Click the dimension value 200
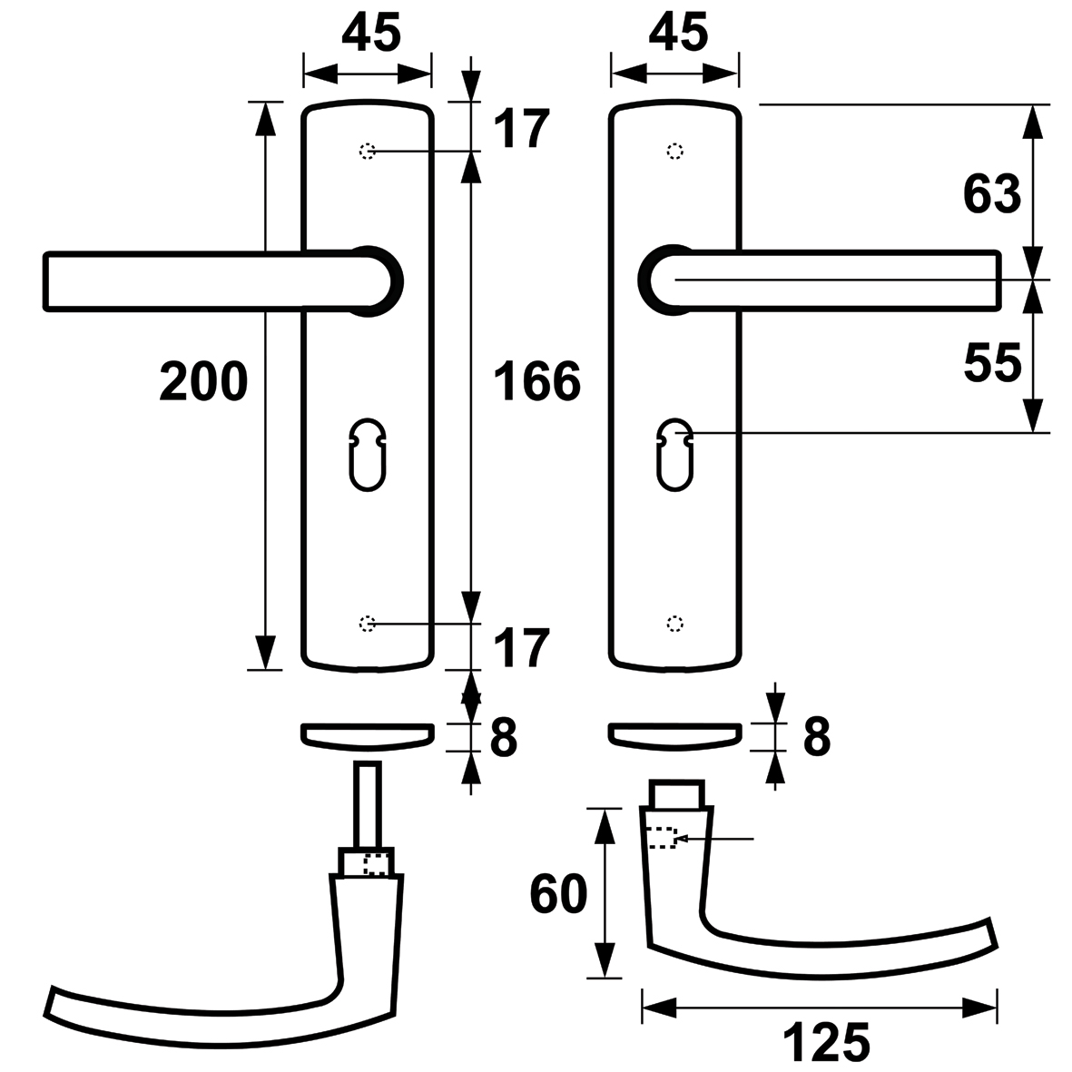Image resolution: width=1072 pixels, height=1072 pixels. click(x=203, y=381)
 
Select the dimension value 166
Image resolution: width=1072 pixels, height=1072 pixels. click(x=536, y=381)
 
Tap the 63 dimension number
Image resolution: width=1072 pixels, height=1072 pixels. click(x=992, y=194)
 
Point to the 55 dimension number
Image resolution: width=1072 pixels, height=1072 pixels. click(x=992, y=362)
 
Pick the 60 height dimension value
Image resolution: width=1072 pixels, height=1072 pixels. click(x=558, y=893)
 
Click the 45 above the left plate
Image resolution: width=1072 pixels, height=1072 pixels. click(x=371, y=32)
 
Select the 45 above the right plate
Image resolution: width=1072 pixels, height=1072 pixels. click(x=678, y=32)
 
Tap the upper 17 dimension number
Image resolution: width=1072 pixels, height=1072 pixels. click(x=521, y=129)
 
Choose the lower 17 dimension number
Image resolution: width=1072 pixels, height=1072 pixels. click(x=521, y=647)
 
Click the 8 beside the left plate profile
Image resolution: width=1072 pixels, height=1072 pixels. click(x=504, y=737)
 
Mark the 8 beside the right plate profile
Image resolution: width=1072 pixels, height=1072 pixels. click(x=817, y=737)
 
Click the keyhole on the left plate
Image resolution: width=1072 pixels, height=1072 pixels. click(x=368, y=455)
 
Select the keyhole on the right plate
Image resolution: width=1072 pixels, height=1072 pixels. click(x=674, y=455)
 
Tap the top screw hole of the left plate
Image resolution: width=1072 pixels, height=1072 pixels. click(x=368, y=151)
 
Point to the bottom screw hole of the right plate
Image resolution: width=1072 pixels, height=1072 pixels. click(x=674, y=624)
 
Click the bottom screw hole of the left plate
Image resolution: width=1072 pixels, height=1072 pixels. click(x=368, y=624)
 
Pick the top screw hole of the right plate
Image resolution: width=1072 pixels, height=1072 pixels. click(x=674, y=151)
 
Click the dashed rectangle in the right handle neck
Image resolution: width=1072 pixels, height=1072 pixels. click(x=661, y=838)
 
